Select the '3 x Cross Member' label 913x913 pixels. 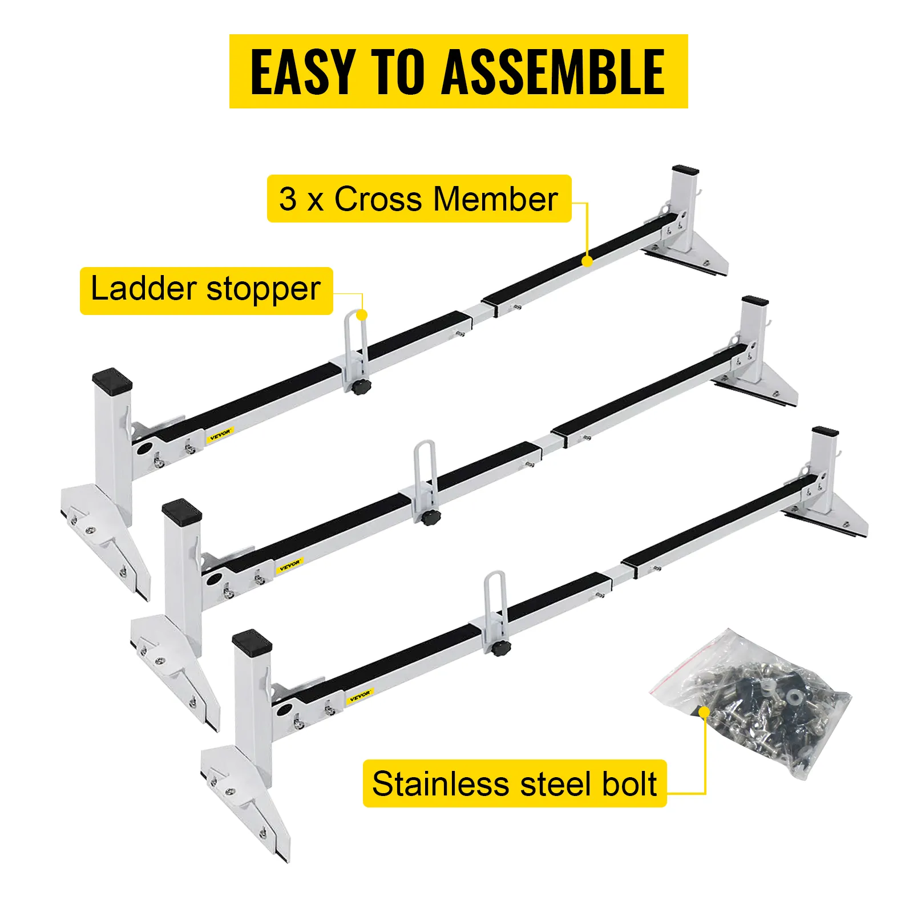point(419,199)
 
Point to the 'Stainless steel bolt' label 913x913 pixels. point(514,783)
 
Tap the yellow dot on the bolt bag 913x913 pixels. point(705,712)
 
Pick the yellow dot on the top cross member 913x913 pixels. point(587,261)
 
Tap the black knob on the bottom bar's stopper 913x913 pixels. point(501,648)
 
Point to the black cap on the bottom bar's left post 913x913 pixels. point(252,641)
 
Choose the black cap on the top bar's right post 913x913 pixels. point(685,170)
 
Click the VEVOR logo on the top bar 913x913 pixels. point(220,435)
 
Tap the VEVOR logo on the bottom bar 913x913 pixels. point(359,696)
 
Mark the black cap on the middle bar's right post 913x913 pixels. point(755,301)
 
